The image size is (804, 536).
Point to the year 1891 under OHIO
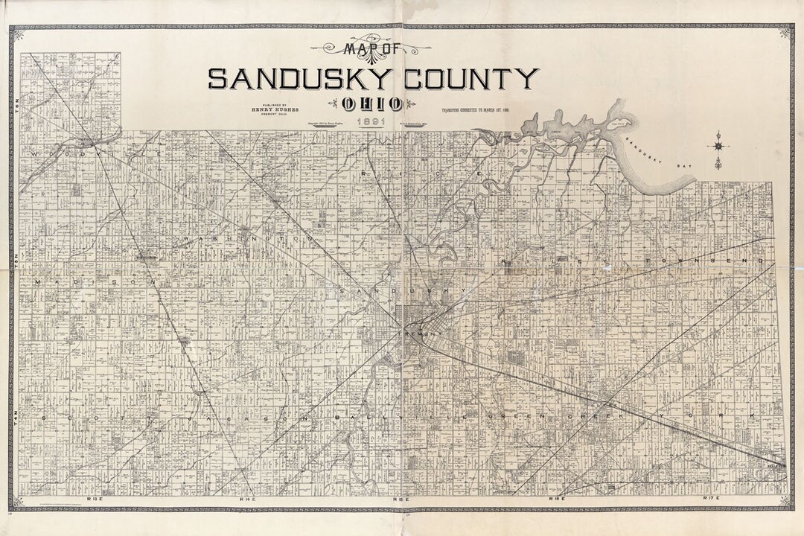click(371, 121)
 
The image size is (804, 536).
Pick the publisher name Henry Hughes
click(275, 109)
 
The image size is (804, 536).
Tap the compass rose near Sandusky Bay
click(718, 141)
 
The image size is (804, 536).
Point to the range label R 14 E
click(246, 496)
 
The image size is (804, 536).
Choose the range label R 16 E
click(558, 496)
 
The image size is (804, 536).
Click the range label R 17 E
click(712, 496)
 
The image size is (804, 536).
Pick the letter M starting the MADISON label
click(36, 283)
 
